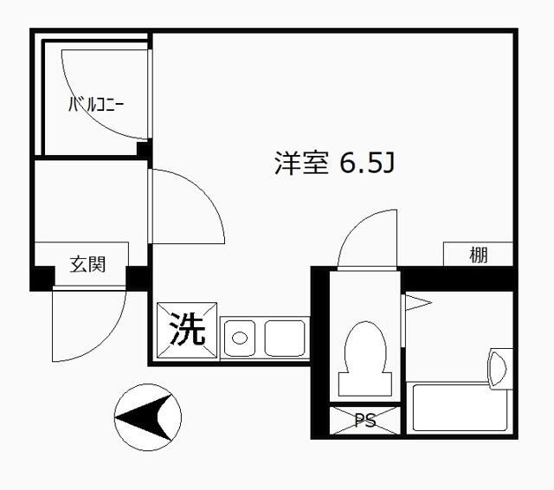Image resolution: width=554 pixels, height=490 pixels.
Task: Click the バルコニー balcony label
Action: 96,106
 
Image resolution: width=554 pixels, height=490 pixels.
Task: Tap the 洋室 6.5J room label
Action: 334,164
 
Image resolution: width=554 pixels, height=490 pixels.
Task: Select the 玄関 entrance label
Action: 87,264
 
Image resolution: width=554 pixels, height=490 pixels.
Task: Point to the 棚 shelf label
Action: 479,255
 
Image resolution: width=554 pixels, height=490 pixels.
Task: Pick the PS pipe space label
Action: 365,422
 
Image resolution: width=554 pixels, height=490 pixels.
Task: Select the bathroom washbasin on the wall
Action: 499,367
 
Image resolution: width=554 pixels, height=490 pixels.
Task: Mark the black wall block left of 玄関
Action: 42,279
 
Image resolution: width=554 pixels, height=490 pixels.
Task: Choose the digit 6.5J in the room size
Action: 367,164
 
